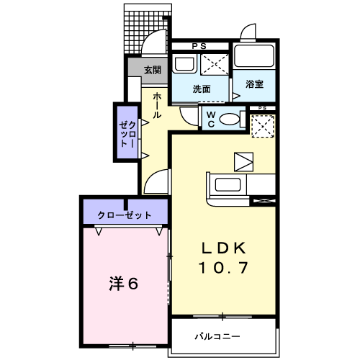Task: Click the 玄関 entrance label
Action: (152, 70)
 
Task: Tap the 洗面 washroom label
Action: (201, 89)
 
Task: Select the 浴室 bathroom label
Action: (255, 84)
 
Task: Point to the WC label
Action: (211, 118)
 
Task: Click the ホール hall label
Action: (156, 105)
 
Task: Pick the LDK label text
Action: (222, 248)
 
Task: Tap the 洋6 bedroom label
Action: (123, 283)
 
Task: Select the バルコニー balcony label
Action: (217, 336)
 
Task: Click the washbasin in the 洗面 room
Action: (184, 66)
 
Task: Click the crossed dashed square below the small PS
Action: (261, 125)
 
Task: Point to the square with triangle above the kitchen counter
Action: (243, 161)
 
